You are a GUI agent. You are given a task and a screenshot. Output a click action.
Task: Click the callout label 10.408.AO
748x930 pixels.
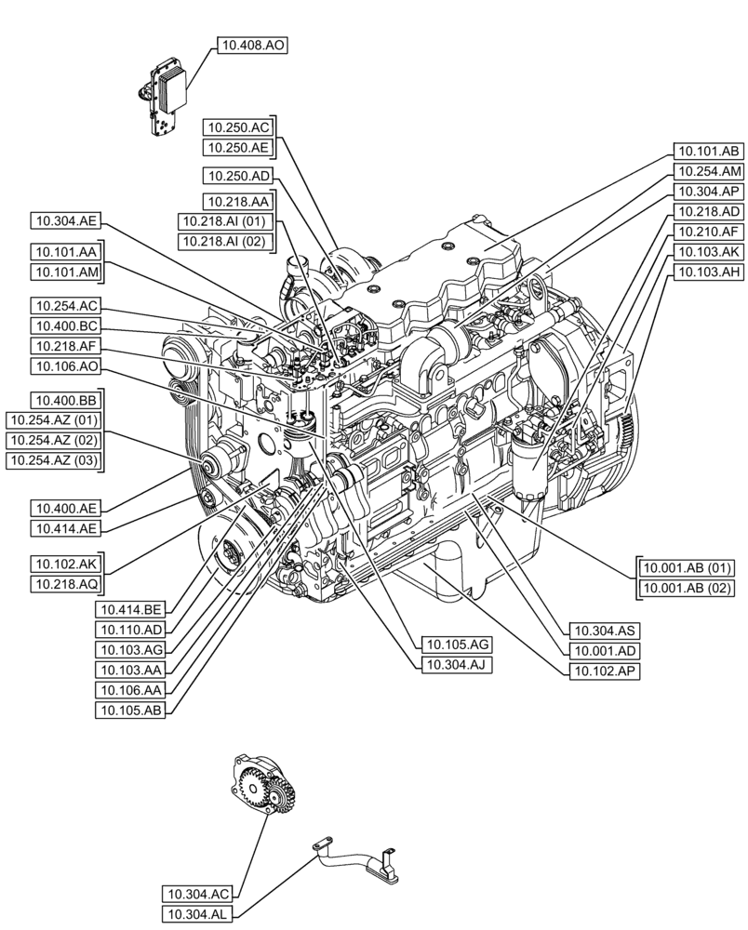[251, 45]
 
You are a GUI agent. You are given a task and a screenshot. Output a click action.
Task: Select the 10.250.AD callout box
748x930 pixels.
[238, 175]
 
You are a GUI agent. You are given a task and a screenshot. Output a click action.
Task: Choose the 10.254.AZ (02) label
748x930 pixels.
[54, 441]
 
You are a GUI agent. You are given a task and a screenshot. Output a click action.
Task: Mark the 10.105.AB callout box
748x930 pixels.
[130, 711]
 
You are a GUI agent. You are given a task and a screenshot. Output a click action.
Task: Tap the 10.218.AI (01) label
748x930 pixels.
[223, 221]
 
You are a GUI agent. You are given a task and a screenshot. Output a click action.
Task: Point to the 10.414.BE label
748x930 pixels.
[130, 609]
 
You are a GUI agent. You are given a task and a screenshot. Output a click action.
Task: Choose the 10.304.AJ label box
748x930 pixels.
[456, 664]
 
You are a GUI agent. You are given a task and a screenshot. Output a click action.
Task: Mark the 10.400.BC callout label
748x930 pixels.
[65, 325]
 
